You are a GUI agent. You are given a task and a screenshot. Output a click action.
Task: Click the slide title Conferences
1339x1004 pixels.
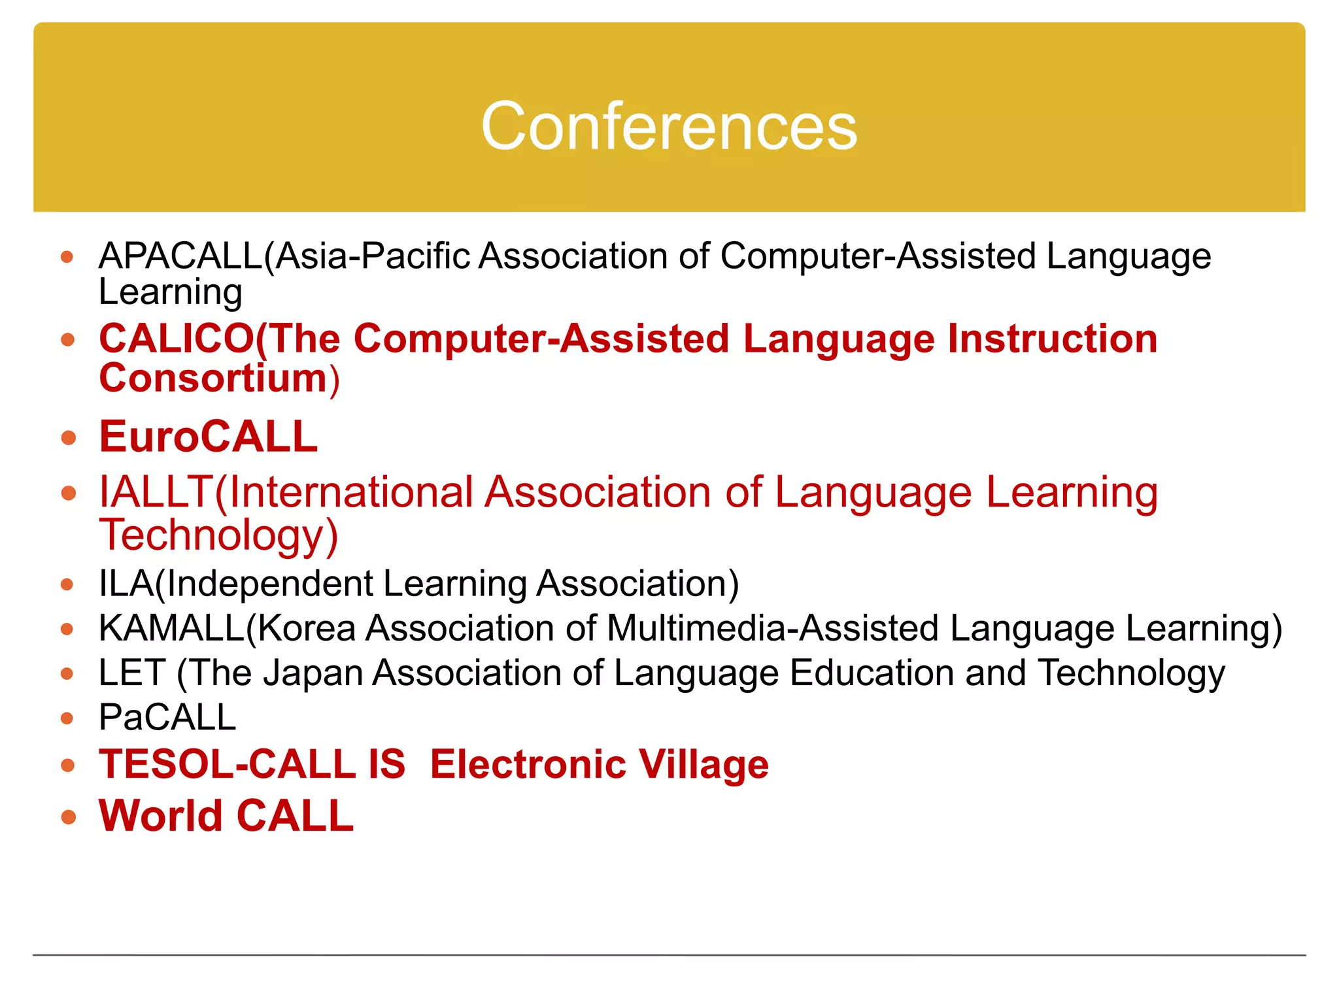click(x=669, y=126)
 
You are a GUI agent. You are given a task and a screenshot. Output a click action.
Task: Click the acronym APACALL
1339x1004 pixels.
click(x=180, y=256)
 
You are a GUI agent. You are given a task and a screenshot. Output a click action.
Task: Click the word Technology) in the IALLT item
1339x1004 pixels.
click(x=218, y=535)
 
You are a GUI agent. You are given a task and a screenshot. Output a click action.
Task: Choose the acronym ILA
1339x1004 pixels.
click(x=126, y=583)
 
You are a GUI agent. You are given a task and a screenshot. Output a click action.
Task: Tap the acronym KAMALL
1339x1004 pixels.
click(x=171, y=628)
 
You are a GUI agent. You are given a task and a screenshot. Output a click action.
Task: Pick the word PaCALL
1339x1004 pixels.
click(x=167, y=717)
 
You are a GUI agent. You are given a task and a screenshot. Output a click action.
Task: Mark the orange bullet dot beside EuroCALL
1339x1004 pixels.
click(x=68, y=437)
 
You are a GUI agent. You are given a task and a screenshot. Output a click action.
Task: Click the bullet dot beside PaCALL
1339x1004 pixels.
click(x=67, y=718)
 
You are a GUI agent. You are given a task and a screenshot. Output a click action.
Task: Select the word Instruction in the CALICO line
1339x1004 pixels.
click(x=1052, y=339)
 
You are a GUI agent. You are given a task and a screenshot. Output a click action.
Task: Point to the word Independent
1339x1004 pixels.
click(x=270, y=583)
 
